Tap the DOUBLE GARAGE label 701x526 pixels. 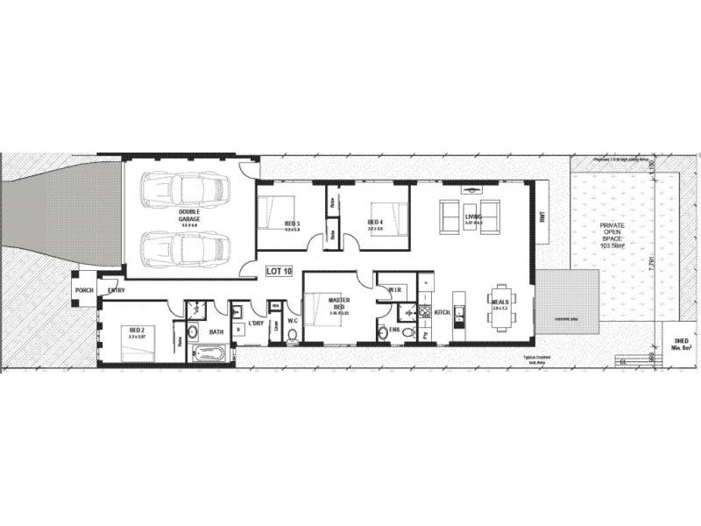click(190, 216)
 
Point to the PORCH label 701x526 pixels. click(85, 290)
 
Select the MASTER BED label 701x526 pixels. click(339, 303)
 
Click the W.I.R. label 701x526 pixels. click(394, 288)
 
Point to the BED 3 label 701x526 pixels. click(292, 224)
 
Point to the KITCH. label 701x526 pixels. click(442, 311)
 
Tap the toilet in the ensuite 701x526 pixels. click(384, 331)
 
